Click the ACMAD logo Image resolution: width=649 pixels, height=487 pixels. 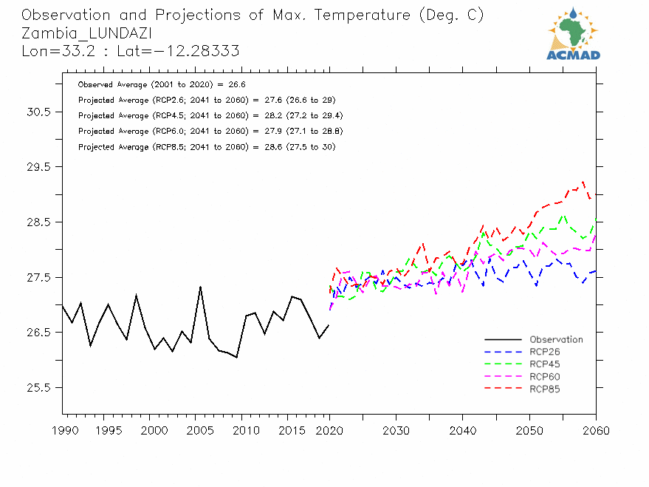pyautogui.click(x=574, y=34)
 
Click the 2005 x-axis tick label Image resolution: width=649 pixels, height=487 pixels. pyautogui.click(x=196, y=430)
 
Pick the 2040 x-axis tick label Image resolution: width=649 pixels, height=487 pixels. pyautogui.click(x=463, y=430)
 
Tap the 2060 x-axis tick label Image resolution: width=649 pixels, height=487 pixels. pyautogui.click(x=596, y=430)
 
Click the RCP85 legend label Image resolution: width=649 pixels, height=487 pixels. pyautogui.click(x=545, y=389)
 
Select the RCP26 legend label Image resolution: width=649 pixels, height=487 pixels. pyautogui.click(x=545, y=352)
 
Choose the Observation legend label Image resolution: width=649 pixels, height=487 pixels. pyautogui.click(x=556, y=340)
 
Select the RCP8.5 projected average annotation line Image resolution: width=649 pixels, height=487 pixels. pyautogui.click(x=207, y=147)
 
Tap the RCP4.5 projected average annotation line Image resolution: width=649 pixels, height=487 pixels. pyautogui.click(x=210, y=116)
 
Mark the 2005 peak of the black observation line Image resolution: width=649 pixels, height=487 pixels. pyautogui.click(x=200, y=287)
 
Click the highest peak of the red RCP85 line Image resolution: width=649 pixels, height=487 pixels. pyautogui.click(x=583, y=181)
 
